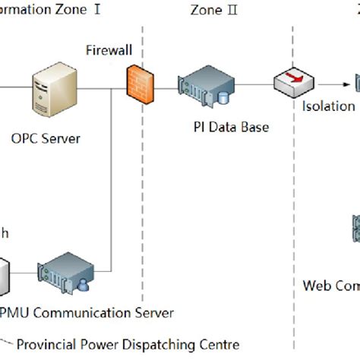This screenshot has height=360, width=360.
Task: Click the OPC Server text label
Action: pyautogui.click(x=46, y=138)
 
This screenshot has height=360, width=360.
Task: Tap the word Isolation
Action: pyautogui.click(x=327, y=107)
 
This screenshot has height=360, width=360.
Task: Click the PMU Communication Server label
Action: pyautogui.click(x=86, y=312)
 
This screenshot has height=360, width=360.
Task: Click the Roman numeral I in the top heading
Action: pyautogui.click(x=96, y=10)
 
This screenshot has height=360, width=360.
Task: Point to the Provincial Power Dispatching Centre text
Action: pyautogui.click(x=128, y=344)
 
